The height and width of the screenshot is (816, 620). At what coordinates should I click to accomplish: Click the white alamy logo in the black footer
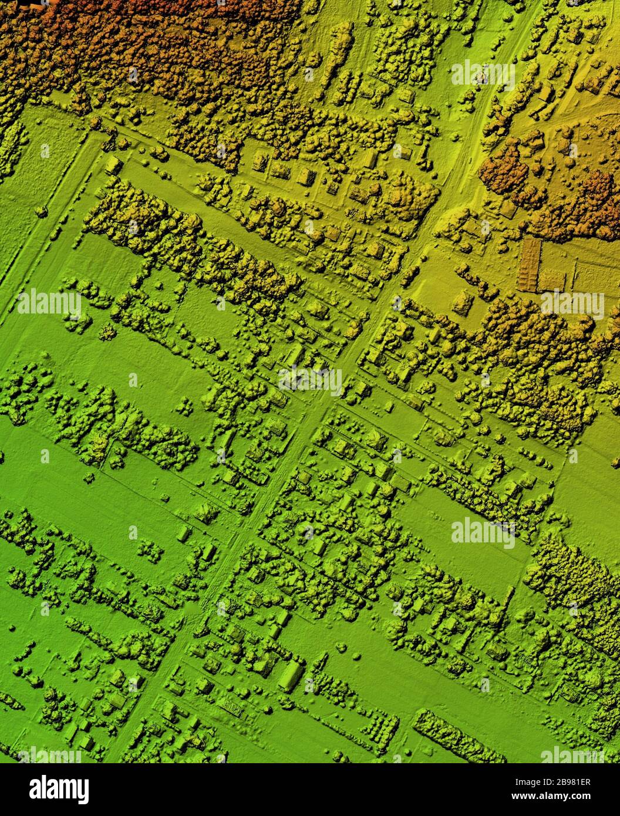pos(59,790)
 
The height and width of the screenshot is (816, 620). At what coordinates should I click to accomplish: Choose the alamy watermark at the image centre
pos(311,380)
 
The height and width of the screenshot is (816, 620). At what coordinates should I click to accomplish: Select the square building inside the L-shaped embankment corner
pos(112,164)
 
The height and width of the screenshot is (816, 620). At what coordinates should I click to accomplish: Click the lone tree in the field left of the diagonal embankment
pos(41,210)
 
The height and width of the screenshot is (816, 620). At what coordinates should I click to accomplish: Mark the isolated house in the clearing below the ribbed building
pos(463,303)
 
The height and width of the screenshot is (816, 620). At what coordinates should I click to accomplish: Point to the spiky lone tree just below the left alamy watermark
pos(107,332)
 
